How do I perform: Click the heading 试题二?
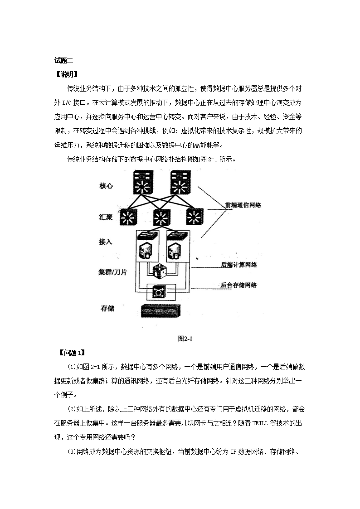pos(63,60)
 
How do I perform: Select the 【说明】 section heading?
pos(67,75)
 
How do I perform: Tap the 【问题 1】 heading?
pos(72,353)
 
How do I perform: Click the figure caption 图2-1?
pos(185,339)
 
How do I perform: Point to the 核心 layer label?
pos(106,186)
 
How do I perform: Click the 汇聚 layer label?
pos(106,217)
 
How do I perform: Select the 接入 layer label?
pos(105,242)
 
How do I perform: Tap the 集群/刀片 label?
pos(112,272)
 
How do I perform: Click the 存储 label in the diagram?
pos(107,308)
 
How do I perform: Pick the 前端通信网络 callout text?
pos(243,205)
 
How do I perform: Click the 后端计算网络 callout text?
pos(239,265)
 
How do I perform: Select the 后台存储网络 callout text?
pos(238,286)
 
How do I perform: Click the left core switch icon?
pos(142,183)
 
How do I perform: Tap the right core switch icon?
pos(180,183)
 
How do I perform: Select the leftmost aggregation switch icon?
pos(128,217)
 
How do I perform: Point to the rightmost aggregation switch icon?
pos(195,217)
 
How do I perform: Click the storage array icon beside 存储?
pos(161,310)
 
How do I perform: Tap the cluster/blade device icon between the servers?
pos(159,271)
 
